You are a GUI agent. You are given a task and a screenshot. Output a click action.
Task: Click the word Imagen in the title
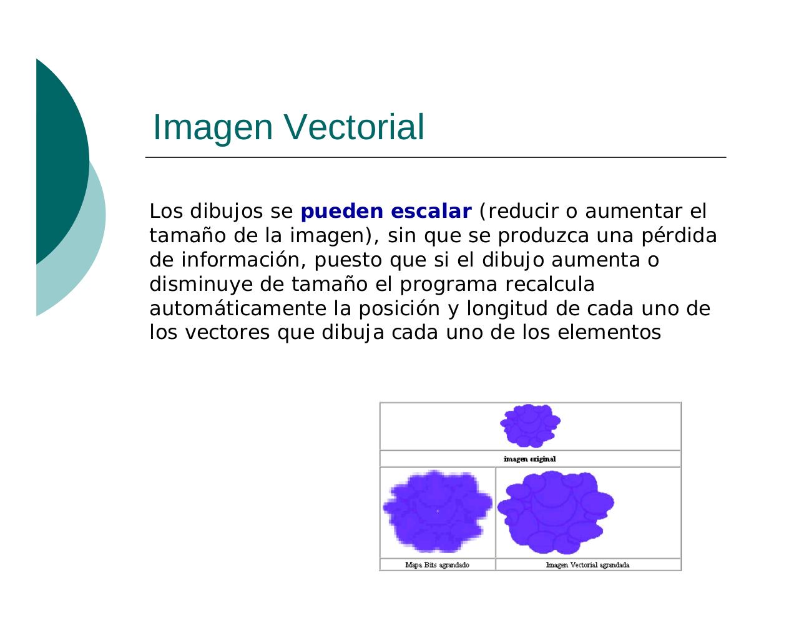click(x=213, y=127)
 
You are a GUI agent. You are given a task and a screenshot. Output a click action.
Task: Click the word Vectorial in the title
click(x=354, y=127)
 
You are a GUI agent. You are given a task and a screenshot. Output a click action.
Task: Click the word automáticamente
click(x=238, y=309)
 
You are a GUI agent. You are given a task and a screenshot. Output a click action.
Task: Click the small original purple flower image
click(x=530, y=426)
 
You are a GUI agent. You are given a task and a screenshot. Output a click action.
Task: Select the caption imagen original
click(x=530, y=459)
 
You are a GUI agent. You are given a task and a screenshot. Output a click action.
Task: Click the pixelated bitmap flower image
click(x=437, y=512)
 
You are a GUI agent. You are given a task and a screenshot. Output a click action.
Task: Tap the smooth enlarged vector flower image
click(x=556, y=512)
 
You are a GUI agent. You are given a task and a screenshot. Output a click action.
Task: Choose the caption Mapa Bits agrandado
click(x=437, y=565)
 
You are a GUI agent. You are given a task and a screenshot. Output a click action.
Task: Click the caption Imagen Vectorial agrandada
click(x=587, y=565)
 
